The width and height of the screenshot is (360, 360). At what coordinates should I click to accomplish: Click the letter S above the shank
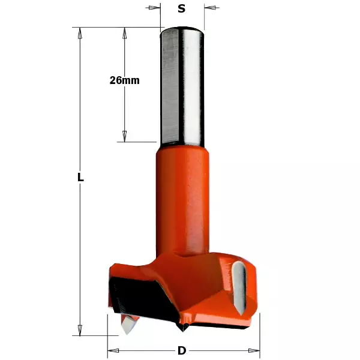coord(181,8)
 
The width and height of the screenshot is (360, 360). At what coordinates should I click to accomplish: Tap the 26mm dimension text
coord(125,80)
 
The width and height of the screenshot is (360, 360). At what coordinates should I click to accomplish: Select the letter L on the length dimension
coord(80,178)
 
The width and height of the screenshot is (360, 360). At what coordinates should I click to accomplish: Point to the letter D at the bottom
coord(181,350)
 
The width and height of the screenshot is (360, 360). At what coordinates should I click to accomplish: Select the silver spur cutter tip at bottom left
coord(128,324)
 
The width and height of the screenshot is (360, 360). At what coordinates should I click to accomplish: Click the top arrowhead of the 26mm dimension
coord(125,33)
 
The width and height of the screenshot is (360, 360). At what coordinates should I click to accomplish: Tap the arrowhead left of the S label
coord(155,8)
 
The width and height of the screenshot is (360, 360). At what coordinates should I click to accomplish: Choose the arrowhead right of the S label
coord(209,8)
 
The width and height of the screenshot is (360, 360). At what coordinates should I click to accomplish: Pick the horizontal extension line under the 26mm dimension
coord(138,142)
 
